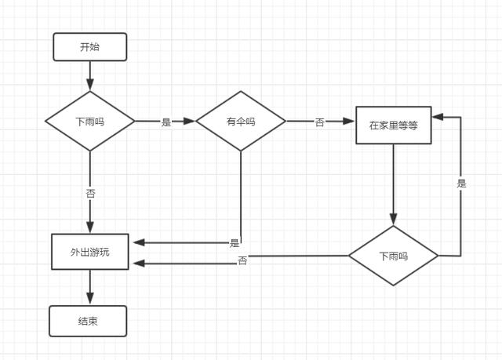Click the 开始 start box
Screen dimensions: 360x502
89,47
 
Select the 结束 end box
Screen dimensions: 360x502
88,321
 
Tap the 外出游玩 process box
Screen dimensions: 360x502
90,252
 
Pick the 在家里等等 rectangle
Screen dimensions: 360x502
393,125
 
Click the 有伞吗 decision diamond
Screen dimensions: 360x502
241,122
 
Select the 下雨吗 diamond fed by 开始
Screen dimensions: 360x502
90,122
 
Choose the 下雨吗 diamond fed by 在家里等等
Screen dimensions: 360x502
393,256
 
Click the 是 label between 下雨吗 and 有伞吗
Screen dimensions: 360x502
166,122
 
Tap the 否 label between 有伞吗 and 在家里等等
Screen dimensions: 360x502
319,122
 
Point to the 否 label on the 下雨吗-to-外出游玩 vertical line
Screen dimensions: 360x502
90,192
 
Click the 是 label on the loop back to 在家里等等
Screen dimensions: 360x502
461,184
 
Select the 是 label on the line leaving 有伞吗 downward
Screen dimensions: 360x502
235,243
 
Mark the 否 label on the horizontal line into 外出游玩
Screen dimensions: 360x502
242,260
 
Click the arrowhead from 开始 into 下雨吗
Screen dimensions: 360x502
90,85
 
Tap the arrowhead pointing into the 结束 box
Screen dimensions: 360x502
90,299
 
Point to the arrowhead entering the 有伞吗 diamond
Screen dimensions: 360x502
189,122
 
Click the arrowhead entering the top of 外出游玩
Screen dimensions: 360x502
90,227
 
